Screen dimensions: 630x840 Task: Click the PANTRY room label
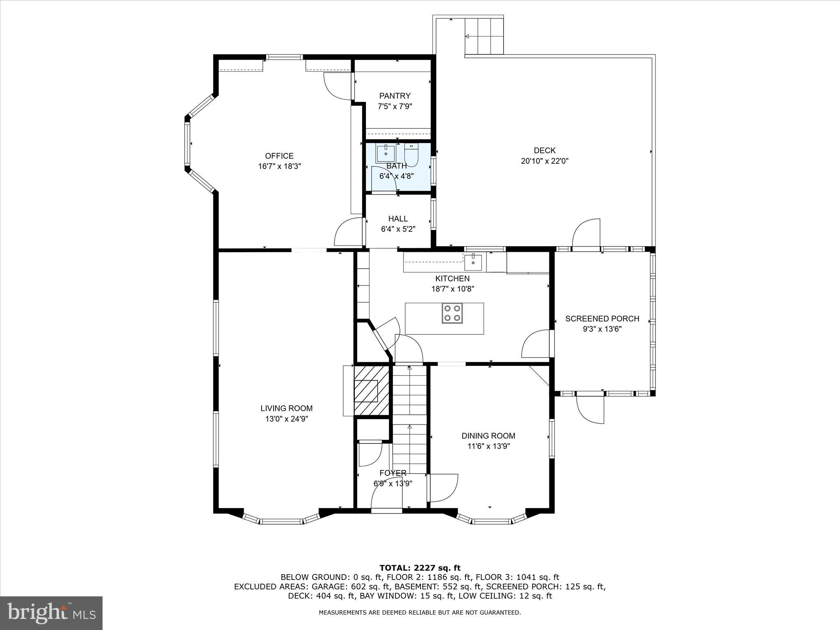[395, 96]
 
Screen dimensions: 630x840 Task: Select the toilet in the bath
[411, 155]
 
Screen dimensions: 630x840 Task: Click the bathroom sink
[386, 154]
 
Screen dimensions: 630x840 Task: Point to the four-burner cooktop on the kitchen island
[452, 313]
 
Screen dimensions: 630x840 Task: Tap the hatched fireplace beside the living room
[371, 390]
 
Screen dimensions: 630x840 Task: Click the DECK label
[544, 151]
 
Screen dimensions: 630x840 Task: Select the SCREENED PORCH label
[602, 319]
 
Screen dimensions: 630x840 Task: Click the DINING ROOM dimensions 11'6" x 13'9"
[488, 446]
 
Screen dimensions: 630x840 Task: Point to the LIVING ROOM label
[286, 409]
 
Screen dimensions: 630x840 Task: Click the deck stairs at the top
[484, 36]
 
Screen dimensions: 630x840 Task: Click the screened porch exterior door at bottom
[591, 409]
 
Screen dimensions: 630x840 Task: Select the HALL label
[398, 219]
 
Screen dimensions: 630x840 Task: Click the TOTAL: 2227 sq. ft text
[420, 568]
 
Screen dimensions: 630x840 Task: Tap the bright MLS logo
[51, 613]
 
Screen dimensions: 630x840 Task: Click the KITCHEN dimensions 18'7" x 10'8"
[452, 289]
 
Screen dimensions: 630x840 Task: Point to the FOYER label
[393, 473]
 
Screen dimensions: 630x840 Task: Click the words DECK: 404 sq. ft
[322, 596]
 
